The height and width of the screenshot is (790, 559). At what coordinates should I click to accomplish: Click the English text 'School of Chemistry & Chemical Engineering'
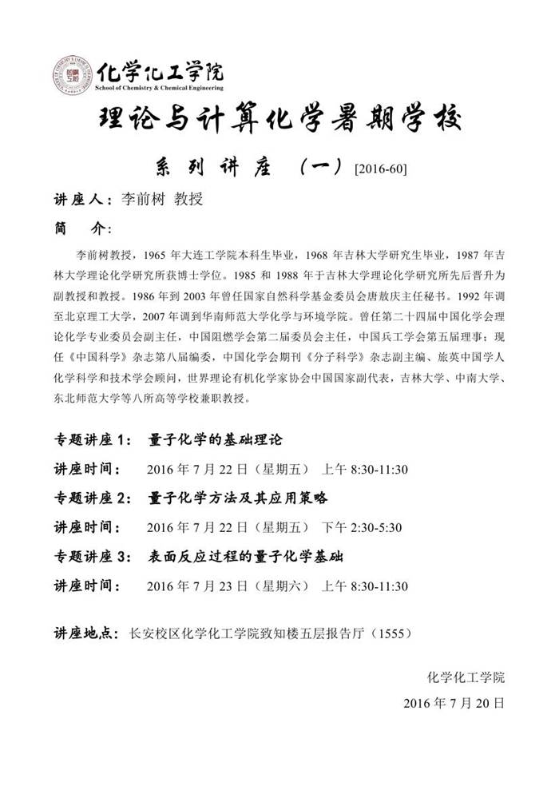point(159,87)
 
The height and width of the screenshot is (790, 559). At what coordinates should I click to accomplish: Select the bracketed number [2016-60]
point(379,168)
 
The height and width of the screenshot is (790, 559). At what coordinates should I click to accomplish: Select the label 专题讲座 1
point(90,440)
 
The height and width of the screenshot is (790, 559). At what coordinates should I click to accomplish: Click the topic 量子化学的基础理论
point(216,440)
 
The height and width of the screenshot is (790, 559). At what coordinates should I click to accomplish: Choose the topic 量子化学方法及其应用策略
point(238,498)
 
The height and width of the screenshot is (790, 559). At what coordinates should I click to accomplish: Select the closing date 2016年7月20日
point(454,704)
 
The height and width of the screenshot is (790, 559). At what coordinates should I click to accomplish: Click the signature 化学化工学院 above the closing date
point(466,677)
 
